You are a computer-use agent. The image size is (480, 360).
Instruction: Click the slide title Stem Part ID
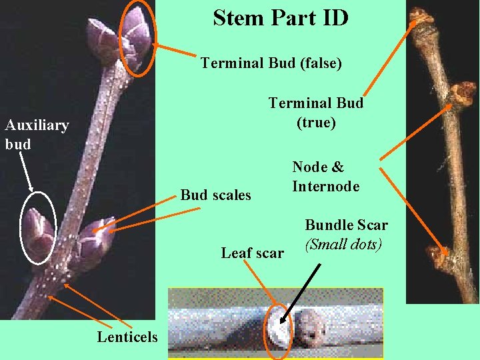(x=281, y=18)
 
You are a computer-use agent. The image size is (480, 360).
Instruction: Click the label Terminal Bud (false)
(x=271, y=63)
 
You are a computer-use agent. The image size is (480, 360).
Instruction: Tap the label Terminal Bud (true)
(x=316, y=113)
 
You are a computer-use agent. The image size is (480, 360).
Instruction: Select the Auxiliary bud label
(x=37, y=134)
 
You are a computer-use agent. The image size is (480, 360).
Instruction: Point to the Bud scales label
(x=216, y=195)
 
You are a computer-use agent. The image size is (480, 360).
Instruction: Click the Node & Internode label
(x=325, y=177)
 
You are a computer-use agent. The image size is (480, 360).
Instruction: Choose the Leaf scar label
(x=253, y=253)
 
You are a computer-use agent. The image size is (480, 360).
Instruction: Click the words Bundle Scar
(x=347, y=225)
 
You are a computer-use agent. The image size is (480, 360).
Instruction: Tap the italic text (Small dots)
(x=343, y=244)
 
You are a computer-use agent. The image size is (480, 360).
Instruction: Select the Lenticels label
(x=127, y=337)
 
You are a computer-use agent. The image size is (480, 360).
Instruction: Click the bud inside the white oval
(x=39, y=230)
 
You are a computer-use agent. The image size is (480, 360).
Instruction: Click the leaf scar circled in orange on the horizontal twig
(x=278, y=327)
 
